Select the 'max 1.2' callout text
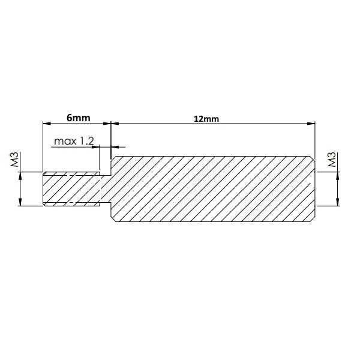click(x=74, y=142)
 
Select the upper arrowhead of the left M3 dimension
click(x=20, y=176)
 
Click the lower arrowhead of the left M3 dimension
click(x=20, y=203)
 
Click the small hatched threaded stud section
click(x=71, y=190)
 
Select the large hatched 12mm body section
click(x=213, y=189)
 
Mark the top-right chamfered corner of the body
click(x=313, y=159)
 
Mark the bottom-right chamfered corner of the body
click(x=313, y=220)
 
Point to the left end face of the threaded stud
click(x=43, y=190)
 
